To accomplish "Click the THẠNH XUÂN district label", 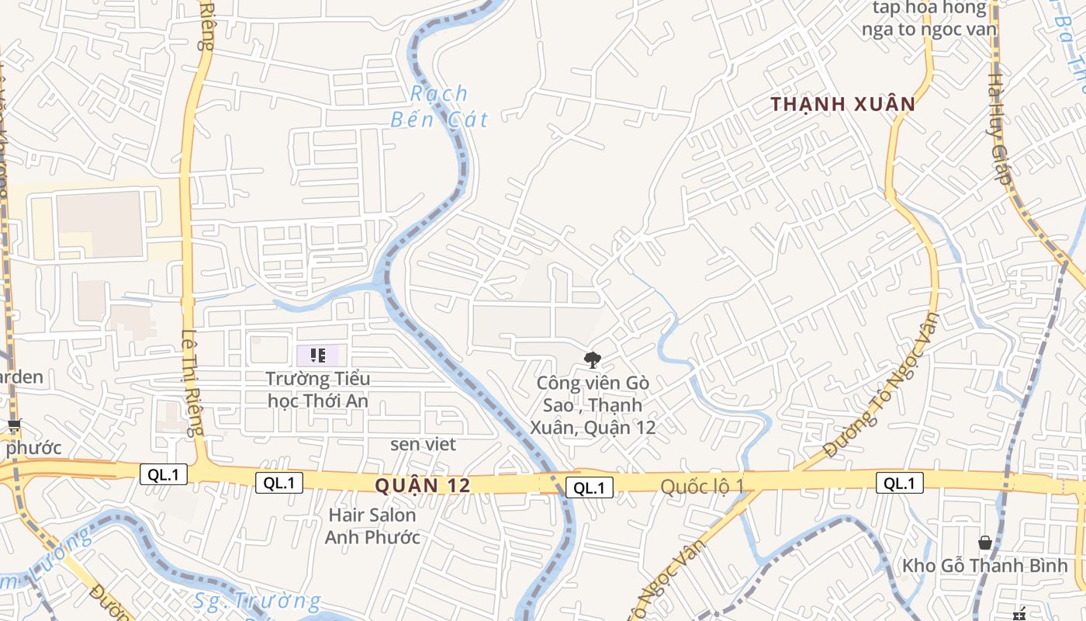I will point(843,104).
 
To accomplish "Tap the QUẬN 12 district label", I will point(423,486).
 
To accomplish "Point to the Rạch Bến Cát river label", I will point(440,106).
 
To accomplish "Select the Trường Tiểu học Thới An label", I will point(318,390).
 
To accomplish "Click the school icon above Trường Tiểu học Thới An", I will point(318,356).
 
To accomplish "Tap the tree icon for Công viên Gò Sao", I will point(593,359).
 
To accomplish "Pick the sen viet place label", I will point(423,444).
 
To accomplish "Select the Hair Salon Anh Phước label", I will point(372,526).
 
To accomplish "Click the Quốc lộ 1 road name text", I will point(702,486).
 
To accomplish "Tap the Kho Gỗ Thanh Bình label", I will point(984,566).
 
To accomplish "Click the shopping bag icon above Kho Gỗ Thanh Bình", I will point(984,542).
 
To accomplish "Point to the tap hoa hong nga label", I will point(929,19).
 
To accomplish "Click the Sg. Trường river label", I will point(257,601).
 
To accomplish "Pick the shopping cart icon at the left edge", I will point(14,425).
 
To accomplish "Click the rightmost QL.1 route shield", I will point(900,483).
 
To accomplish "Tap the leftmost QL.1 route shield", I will point(164,474).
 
